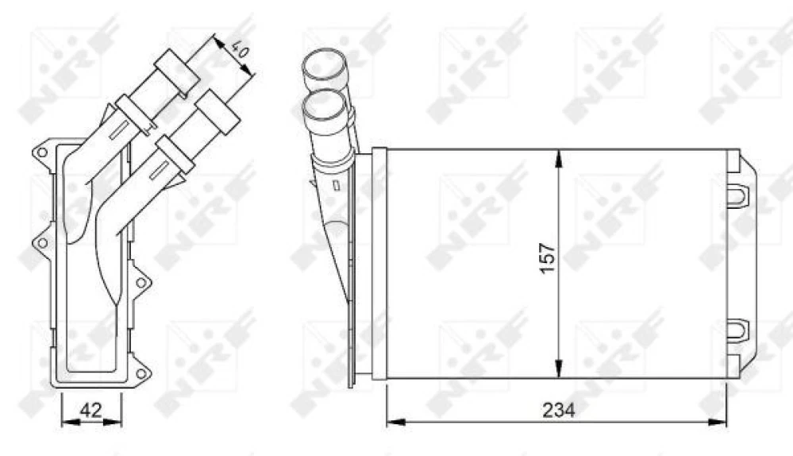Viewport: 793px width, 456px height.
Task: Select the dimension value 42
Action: (x=91, y=410)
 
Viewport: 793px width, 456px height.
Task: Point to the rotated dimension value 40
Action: (x=239, y=52)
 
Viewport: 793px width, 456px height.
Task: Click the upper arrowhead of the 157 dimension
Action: (x=560, y=157)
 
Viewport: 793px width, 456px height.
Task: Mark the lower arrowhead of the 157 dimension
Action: (x=560, y=369)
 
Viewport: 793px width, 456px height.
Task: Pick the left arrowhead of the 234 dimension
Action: (x=392, y=422)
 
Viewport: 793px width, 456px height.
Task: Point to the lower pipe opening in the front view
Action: (x=324, y=105)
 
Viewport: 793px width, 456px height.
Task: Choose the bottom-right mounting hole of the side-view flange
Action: (x=141, y=373)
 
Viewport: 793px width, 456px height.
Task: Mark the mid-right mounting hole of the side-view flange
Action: (x=141, y=282)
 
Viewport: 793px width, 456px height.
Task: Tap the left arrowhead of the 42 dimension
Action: (x=66, y=422)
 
